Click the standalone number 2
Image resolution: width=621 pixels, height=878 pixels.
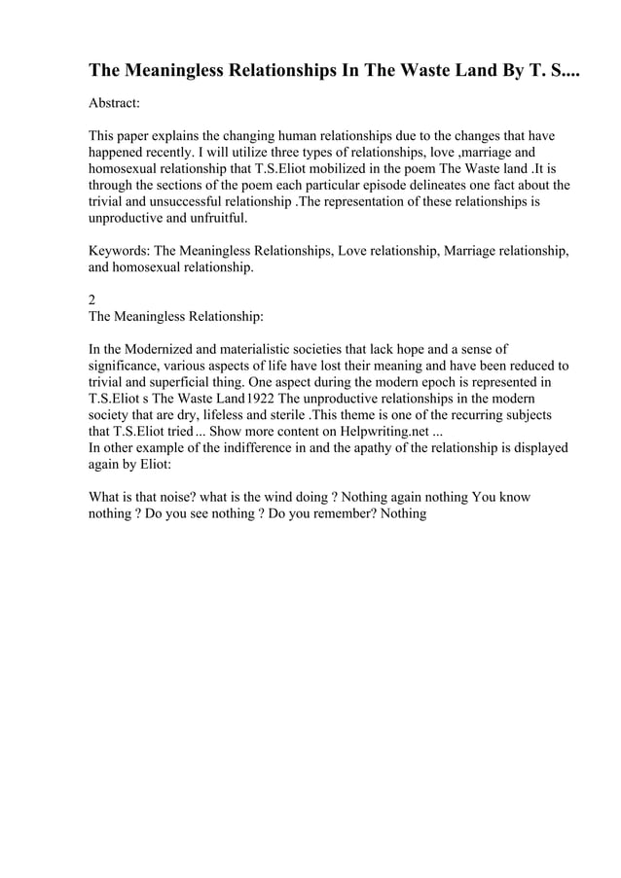tap(92, 301)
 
